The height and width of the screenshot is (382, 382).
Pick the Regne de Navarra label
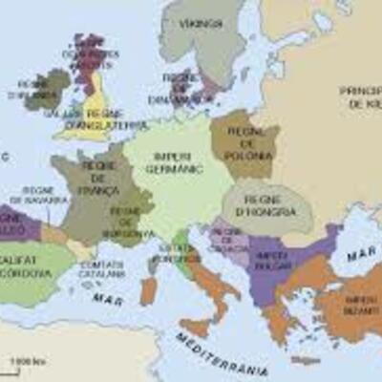[x=45, y=202]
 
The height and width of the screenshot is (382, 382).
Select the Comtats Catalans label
[x=103, y=268]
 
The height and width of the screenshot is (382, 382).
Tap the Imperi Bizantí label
[x=359, y=307]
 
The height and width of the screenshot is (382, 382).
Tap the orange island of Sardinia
[x=148, y=290]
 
